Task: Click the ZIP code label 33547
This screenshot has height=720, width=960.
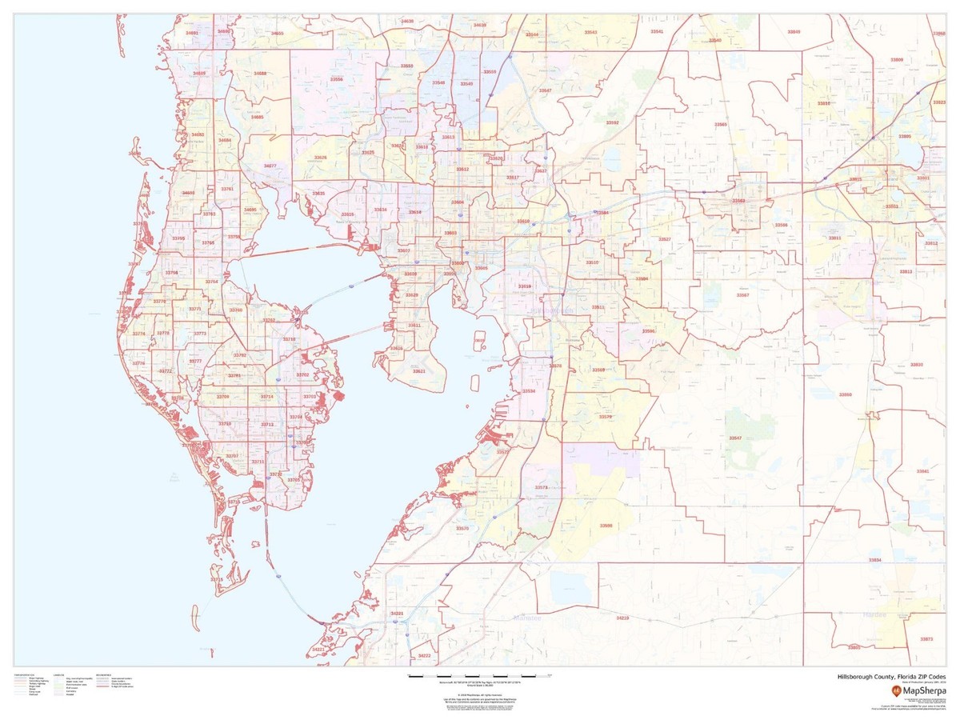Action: coord(734,438)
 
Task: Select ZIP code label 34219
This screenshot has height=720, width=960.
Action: coord(622,618)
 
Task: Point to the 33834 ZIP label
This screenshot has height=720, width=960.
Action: coord(874,560)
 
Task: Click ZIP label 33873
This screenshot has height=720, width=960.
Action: coord(926,639)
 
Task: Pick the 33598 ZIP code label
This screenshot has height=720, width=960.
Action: coord(606,526)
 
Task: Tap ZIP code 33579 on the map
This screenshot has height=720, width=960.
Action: coord(605,417)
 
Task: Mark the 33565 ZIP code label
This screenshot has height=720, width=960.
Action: coord(721,125)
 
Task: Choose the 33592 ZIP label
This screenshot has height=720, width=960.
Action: coord(612,122)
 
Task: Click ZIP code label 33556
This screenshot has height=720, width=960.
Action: coord(337,79)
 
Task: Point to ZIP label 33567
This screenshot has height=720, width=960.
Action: coord(742,295)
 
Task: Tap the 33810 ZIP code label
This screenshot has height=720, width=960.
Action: coord(823,104)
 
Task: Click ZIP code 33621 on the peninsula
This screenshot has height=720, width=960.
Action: coord(418,371)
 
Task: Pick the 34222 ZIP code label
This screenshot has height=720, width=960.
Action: coord(424,655)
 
